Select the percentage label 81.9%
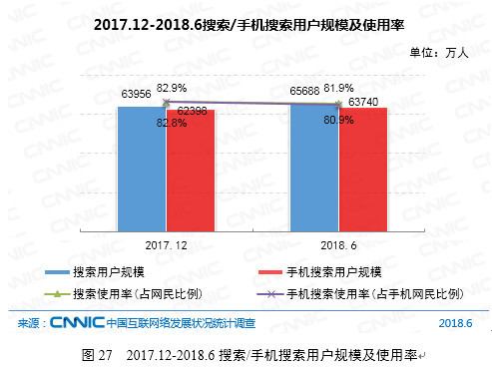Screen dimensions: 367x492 (x=339, y=87)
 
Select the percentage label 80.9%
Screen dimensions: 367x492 (x=339, y=120)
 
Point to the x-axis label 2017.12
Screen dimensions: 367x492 (x=166, y=243)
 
